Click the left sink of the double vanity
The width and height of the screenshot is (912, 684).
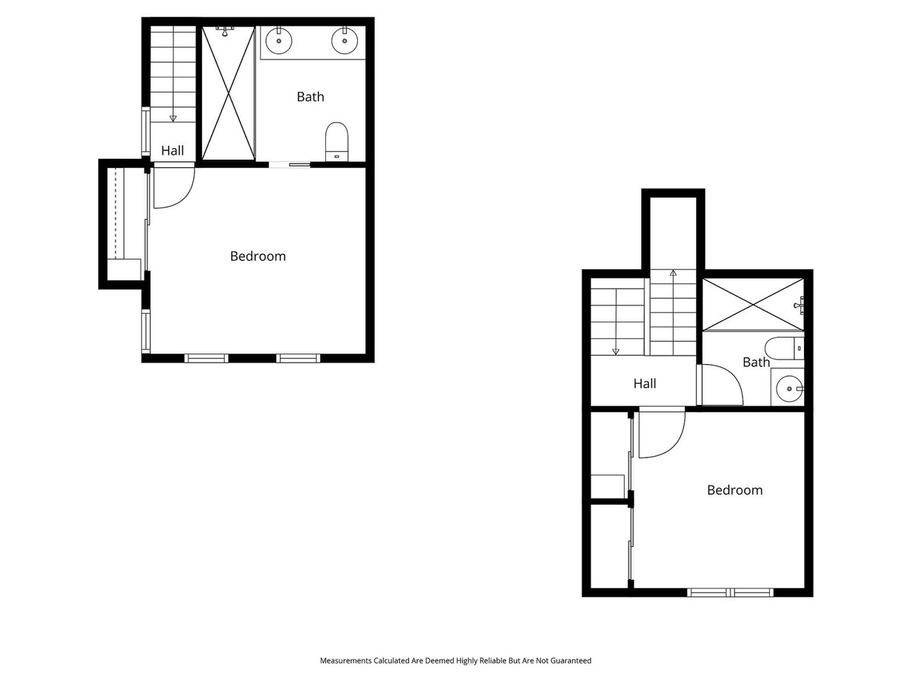click(280, 40)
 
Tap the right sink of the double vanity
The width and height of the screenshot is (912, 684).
click(344, 40)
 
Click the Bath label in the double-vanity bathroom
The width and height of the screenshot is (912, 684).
click(310, 97)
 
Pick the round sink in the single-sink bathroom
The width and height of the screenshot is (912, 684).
click(790, 388)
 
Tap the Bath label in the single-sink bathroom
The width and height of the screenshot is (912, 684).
click(755, 363)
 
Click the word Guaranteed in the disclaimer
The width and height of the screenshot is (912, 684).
click(568, 661)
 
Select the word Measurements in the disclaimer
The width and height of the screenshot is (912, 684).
click(346, 661)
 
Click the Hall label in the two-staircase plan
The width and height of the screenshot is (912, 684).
click(644, 384)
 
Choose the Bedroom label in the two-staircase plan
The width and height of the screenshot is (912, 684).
click(734, 490)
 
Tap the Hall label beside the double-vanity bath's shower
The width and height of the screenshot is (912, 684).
click(173, 151)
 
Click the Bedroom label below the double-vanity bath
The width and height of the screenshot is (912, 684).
click(258, 256)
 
